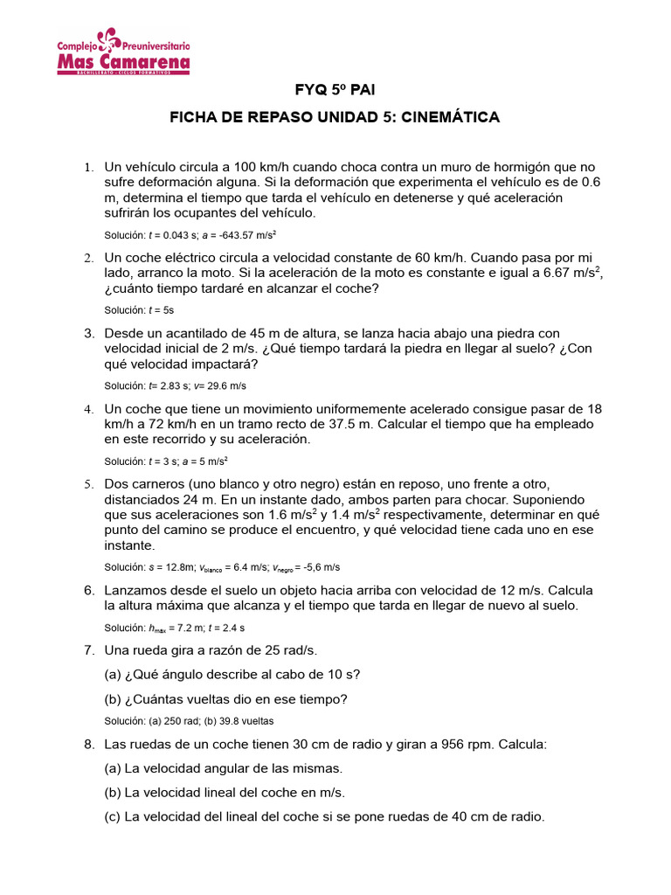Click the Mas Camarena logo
[x=123, y=52]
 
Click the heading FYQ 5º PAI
[x=335, y=90]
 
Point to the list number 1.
[x=88, y=167]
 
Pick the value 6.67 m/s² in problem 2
[x=577, y=273]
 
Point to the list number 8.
[x=88, y=745]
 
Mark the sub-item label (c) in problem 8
[x=113, y=817]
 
